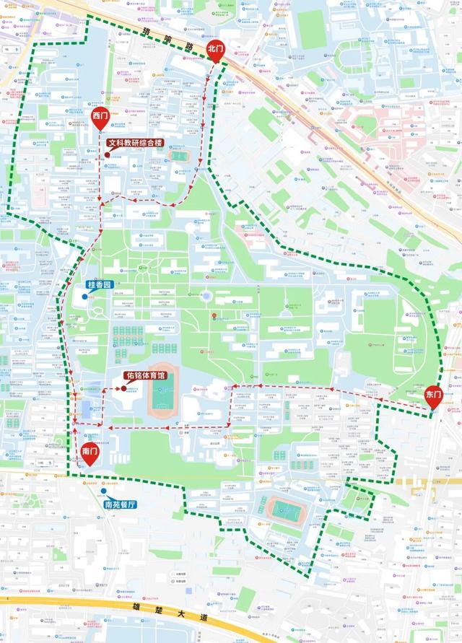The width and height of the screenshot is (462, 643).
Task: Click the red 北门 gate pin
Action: [216, 49]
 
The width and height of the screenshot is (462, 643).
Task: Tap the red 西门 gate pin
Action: [100, 118]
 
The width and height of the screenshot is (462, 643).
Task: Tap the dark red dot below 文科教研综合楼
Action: [108, 154]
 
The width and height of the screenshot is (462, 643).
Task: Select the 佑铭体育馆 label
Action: [151, 376]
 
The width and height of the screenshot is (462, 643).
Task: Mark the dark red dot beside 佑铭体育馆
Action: [124, 389]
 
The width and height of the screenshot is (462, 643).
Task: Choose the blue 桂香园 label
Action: [100, 285]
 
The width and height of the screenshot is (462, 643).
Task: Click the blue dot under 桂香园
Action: [86, 296]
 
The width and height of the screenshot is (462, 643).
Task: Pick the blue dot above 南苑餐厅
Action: [104, 491]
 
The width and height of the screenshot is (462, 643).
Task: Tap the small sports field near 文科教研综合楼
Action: [177, 155]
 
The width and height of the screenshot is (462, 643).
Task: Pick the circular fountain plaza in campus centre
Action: [207, 296]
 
